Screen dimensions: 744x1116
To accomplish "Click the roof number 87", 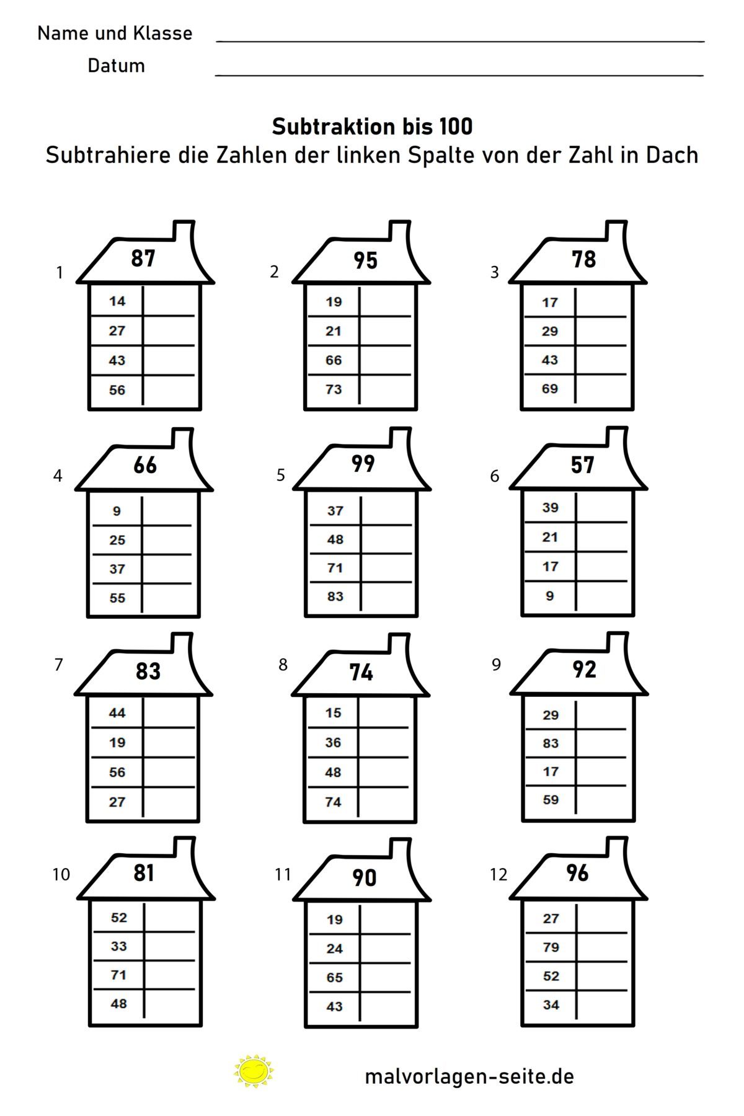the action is [x=143, y=259].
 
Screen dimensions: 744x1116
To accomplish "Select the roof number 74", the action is [x=361, y=672].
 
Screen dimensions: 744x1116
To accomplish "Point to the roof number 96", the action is [x=577, y=873].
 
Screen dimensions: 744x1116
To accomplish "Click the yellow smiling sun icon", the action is [x=254, y=1071].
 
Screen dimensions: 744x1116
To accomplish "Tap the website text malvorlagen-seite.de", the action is [x=469, y=1076].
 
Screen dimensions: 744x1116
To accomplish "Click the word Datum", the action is [x=116, y=65].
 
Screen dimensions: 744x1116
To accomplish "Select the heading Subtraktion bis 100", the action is [x=372, y=126].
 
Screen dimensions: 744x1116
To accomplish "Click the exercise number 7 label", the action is [x=58, y=665].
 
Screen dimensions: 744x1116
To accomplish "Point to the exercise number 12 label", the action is [x=498, y=874].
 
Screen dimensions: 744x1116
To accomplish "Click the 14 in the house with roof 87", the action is [x=117, y=301].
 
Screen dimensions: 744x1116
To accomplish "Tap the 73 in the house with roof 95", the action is [x=334, y=389].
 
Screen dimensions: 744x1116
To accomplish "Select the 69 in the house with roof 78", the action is [x=550, y=389].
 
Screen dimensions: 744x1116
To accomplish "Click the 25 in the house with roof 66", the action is [x=117, y=540].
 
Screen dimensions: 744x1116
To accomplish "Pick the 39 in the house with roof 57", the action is [x=551, y=508].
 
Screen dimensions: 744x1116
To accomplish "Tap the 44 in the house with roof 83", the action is [x=117, y=713].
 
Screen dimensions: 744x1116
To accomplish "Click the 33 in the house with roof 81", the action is [x=118, y=946].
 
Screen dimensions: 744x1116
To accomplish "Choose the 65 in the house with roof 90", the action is [x=334, y=978].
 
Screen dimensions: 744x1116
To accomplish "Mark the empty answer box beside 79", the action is [x=604, y=947].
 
